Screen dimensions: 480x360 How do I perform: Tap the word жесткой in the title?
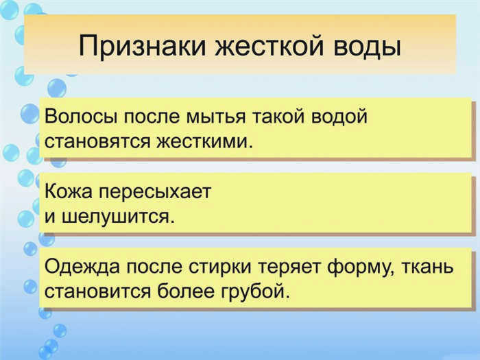(269, 47)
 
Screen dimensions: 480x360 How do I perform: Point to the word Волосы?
(81, 117)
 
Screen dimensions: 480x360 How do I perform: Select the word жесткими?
(205, 142)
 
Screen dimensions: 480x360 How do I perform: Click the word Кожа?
(69, 191)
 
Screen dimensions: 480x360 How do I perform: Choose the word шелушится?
(118, 217)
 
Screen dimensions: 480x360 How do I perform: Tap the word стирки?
(220, 267)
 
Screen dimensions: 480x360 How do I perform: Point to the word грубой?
(256, 291)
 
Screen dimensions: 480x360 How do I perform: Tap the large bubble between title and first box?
(57, 88)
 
